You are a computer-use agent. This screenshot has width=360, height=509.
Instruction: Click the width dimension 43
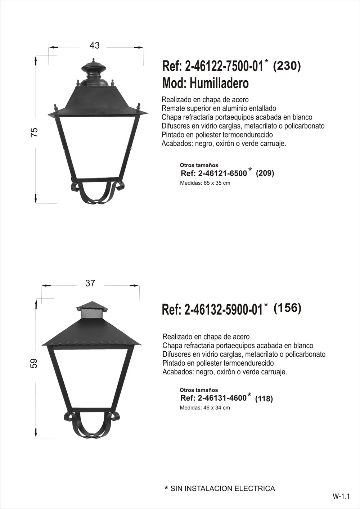click(94, 45)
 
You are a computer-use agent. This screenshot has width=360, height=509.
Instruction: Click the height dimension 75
click(35, 132)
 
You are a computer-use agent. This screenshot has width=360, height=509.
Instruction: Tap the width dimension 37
click(90, 283)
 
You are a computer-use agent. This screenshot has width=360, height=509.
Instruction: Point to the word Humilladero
click(219, 84)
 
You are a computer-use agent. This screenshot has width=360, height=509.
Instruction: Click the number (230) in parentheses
click(287, 66)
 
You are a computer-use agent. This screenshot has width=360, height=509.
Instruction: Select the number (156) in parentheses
click(287, 308)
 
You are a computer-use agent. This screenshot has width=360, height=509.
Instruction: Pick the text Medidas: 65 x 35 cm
click(205, 183)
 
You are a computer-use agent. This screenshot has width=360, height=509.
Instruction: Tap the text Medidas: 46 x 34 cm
click(205, 408)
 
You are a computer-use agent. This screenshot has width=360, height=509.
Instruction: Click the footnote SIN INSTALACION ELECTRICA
click(222, 488)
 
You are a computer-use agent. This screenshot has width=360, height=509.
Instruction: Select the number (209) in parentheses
click(265, 173)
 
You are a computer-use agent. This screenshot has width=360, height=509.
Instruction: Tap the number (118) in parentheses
click(264, 399)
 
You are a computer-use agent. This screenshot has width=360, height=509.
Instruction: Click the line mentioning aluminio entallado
click(219, 108)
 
